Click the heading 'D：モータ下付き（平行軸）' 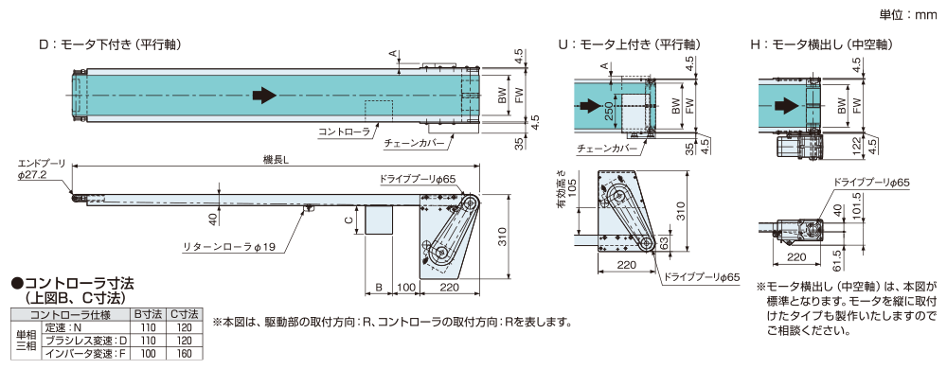point(109,44)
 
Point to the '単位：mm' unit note point(910,14)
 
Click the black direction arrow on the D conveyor point(265,96)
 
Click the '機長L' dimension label point(276,159)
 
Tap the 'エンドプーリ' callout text point(42,163)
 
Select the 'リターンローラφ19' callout point(227,248)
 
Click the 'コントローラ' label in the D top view point(344,132)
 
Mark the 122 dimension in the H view point(856,144)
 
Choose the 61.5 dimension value point(856,255)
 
